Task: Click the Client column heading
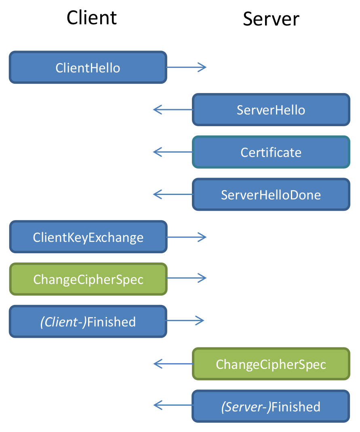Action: coord(92,18)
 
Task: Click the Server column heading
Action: coord(271,19)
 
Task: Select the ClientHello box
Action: coord(88,68)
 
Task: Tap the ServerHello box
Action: coord(271,110)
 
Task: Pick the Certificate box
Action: coord(271,152)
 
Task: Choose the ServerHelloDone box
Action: coord(271,195)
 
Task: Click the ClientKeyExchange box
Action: coord(88,237)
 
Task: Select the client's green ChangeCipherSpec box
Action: coord(88,279)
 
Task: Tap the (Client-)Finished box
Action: coord(88,322)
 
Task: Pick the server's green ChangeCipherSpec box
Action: coord(271,364)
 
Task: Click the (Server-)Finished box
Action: coord(271,406)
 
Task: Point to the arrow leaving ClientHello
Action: coord(186,67)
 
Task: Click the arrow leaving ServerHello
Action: coord(173,110)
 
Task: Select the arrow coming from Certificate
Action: coord(173,152)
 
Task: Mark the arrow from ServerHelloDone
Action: coord(173,195)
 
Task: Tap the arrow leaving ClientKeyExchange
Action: coord(186,237)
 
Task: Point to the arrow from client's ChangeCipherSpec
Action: coord(186,278)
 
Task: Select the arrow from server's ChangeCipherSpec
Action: coord(173,364)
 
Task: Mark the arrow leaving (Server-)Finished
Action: coord(173,405)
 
